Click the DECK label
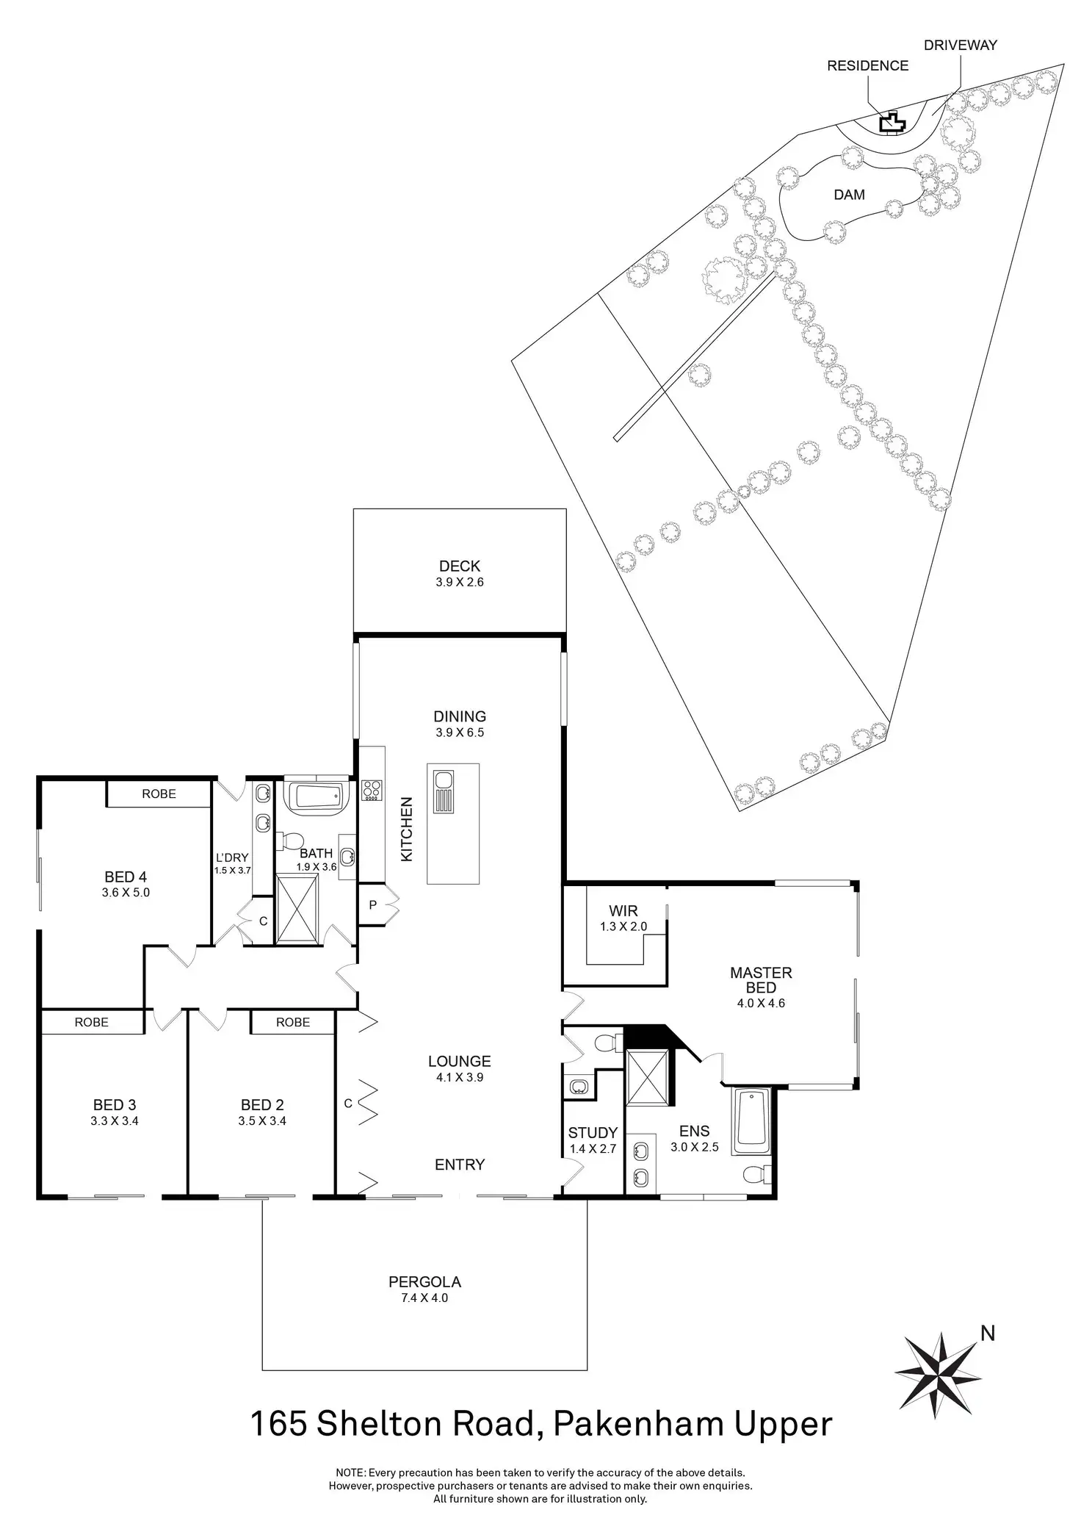point(459,566)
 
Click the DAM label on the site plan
point(849,195)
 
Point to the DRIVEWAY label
point(960,45)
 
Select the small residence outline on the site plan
point(892,123)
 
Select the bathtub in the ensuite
point(751,1119)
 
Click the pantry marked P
point(373,905)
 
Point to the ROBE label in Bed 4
point(159,794)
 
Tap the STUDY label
point(593,1133)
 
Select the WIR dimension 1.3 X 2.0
point(623,927)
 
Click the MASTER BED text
point(761,980)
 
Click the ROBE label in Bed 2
point(292,1022)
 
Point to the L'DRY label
point(232,857)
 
